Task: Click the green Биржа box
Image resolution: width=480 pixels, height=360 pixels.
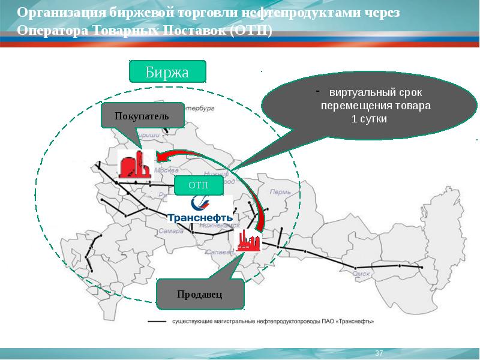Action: [167, 72]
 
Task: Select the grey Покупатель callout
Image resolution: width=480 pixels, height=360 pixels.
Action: [142, 115]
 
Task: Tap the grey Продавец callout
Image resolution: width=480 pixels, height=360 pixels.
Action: [200, 294]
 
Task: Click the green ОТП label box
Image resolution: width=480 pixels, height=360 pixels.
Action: [199, 185]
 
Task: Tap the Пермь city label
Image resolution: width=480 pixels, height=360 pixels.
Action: [280, 193]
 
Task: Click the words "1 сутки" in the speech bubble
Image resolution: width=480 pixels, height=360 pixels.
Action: [368, 119]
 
